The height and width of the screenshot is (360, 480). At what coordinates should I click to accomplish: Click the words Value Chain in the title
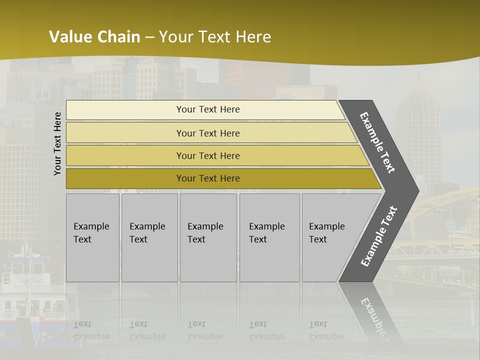(94, 37)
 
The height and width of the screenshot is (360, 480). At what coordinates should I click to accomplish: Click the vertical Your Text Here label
(57, 143)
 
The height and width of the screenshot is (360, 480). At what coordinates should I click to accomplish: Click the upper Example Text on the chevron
(377, 142)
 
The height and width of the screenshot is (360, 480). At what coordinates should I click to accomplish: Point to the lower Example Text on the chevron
(378, 236)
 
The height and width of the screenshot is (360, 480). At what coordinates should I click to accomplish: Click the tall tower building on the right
(418, 135)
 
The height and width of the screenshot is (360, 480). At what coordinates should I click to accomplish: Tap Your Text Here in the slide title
(215, 37)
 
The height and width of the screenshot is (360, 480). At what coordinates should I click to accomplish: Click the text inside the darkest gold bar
(208, 178)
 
